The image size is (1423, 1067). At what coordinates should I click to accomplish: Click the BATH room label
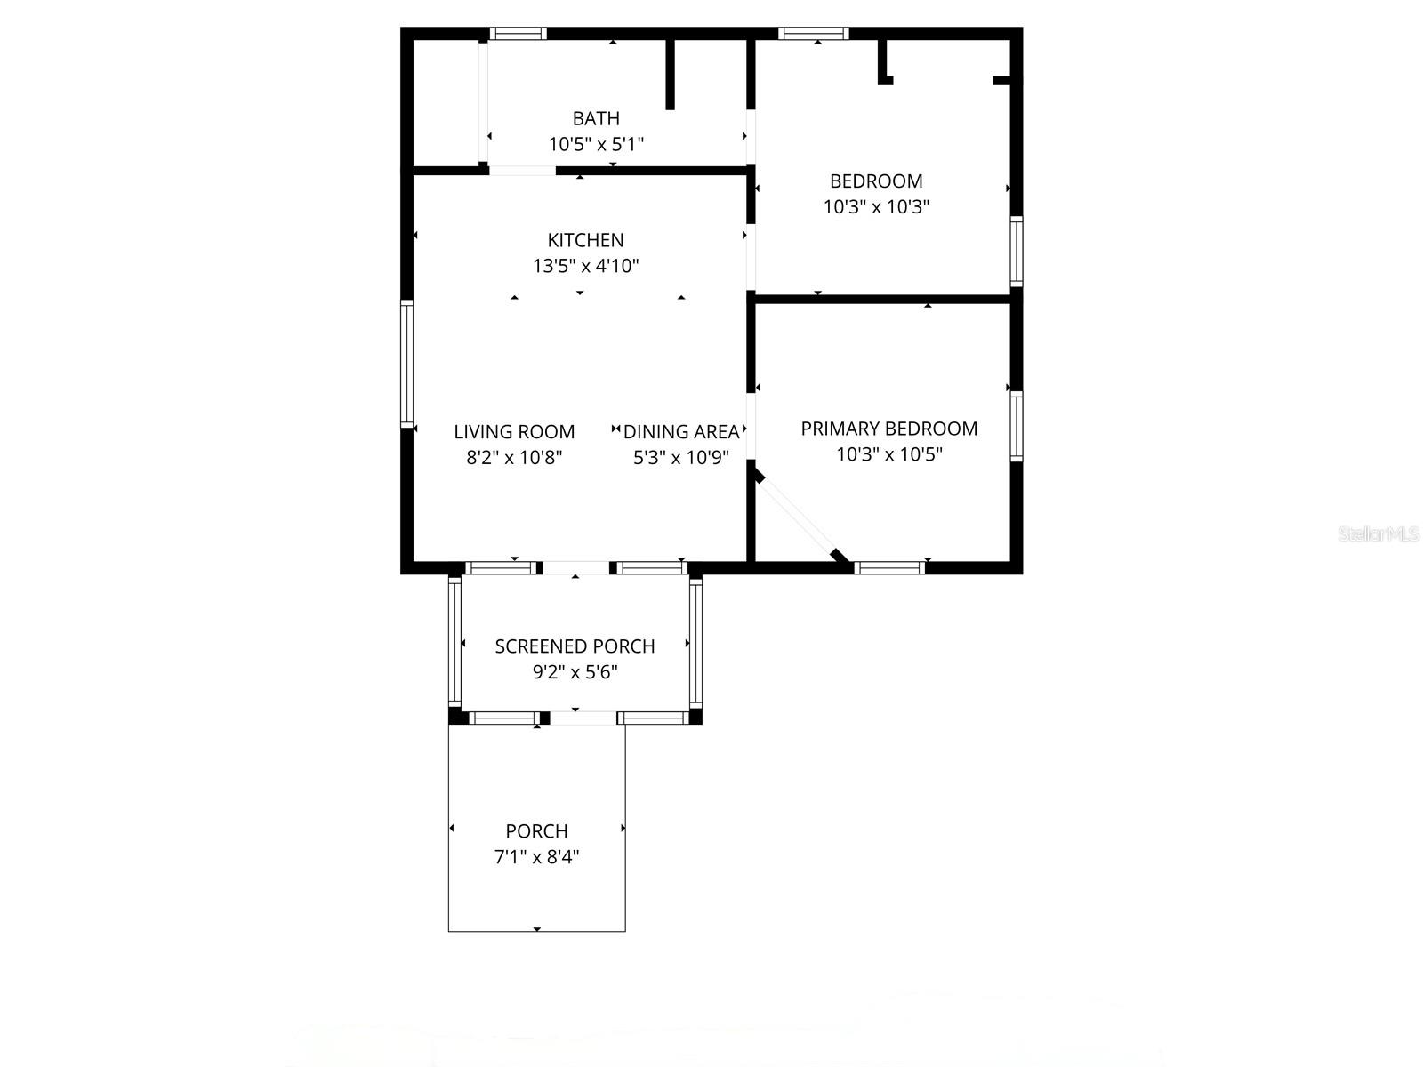point(596,118)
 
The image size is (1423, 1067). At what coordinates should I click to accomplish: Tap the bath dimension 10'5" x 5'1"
point(596,144)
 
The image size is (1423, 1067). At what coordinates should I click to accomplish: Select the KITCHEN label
point(585,240)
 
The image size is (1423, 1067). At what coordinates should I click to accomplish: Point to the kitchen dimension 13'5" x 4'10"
point(585,266)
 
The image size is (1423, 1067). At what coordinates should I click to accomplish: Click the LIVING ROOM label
point(514,432)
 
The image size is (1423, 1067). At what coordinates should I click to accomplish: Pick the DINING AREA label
point(681,432)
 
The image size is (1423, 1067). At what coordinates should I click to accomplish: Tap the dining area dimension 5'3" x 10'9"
point(681,458)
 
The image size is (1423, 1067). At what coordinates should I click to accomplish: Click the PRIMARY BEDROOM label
point(889,429)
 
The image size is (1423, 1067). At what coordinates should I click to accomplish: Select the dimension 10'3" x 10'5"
point(889,454)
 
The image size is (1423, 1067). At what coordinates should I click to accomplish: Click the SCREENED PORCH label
point(575,646)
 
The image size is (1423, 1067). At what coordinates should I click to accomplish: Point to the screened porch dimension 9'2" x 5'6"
point(575,672)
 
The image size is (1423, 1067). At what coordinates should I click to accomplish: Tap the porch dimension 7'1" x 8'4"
point(536,857)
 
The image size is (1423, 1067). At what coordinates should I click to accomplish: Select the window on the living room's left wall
point(407,364)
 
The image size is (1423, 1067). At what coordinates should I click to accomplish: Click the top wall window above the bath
point(518,34)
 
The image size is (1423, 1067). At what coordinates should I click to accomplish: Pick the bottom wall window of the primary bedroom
point(889,567)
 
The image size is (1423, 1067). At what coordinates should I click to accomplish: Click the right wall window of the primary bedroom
point(1016,426)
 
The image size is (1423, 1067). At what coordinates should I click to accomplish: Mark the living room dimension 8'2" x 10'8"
point(514,458)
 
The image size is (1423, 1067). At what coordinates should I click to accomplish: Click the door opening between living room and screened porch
point(576,567)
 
